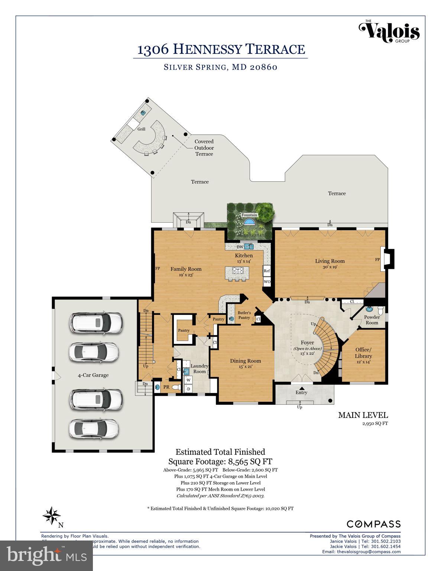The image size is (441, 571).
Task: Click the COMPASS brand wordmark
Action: click(x=373, y=524)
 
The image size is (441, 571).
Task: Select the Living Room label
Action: click(x=330, y=261)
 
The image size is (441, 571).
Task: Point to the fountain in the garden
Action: click(x=248, y=222)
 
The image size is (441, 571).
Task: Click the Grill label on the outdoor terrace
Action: click(x=141, y=129)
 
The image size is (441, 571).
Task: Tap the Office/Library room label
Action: click(x=363, y=353)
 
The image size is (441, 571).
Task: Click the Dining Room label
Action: click(x=245, y=361)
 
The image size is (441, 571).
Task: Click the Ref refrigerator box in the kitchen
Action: click(x=267, y=271)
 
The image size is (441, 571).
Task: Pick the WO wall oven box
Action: click(x=267, y=282)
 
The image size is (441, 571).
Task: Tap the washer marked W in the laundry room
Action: click(x=188, y=380)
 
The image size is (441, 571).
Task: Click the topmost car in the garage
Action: click(x=95, y=322)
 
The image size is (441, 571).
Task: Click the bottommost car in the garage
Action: click(x=94, y=428)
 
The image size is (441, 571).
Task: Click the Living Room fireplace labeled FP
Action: click(x=386, y=259)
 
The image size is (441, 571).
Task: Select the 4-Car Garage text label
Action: click(x=93, y=375)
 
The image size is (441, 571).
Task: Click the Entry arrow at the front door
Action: click(x=301, y=388)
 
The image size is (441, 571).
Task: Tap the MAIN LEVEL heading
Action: click(x=363, y=415)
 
